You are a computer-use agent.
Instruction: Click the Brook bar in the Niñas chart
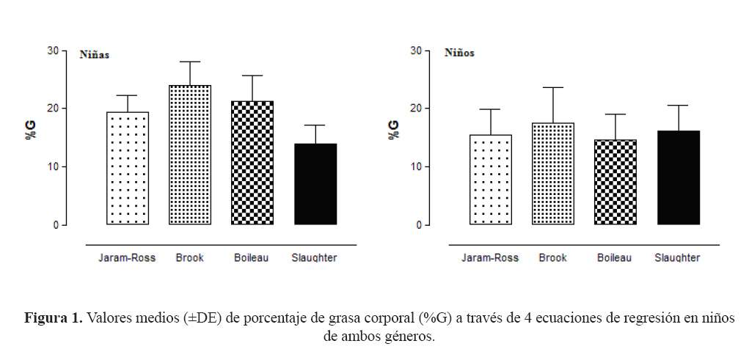190,155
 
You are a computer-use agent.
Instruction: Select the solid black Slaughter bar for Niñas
315,184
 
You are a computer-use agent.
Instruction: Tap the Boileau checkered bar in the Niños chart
615,182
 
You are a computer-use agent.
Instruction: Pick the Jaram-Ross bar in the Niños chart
491,180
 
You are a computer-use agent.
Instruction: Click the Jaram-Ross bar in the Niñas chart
128,168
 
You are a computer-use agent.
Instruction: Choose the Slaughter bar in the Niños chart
678,177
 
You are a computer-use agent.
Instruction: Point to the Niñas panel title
95,54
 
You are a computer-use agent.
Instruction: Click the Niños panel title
459,53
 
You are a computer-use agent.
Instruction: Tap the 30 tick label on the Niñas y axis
53,51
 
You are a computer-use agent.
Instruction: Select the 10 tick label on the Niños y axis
416,166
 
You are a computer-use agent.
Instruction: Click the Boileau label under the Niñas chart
252,258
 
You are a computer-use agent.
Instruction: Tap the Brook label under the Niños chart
552,258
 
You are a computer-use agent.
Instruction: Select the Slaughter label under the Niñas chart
314,258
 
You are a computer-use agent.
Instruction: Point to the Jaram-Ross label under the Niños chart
490,258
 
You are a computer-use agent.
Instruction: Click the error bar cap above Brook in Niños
553,87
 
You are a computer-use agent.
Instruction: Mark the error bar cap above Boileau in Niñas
252,76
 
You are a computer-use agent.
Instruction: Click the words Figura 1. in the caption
54,319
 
